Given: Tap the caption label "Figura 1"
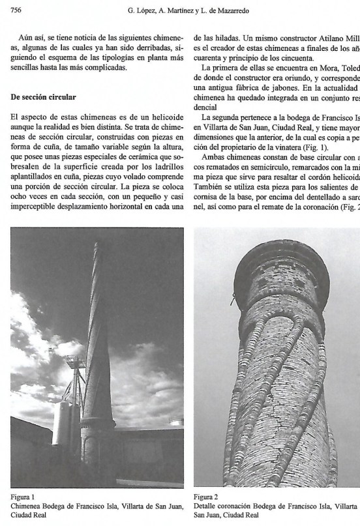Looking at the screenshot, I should pos(23,496).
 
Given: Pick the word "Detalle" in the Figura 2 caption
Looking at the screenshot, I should pos(209,505).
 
